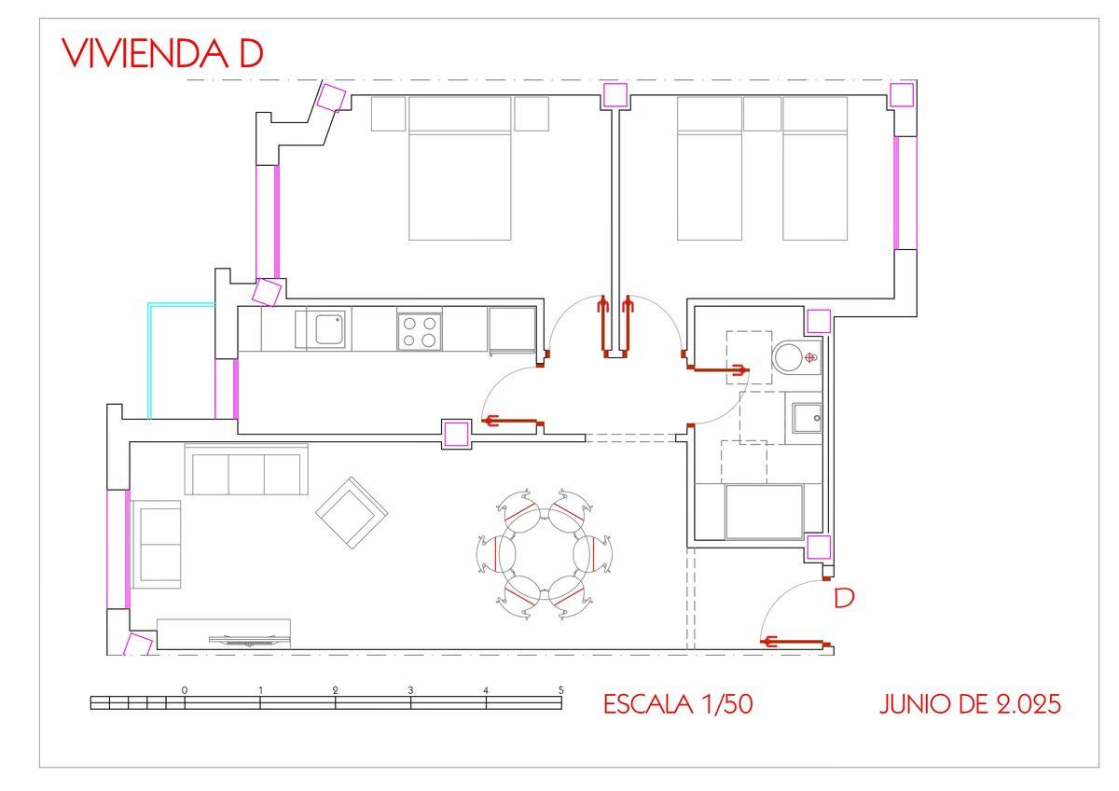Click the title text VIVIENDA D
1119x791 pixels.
pyautogui.click(x=162, y=53)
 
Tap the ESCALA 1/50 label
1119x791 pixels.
pyautogui.click(x=678, y=704)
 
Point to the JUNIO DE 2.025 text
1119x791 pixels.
pyautogui.click(x=970, y=704)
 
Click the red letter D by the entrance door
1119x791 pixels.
pyautogui.click(x=844, y=598)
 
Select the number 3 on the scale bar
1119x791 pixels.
pyautogui.click(x=410, y=690)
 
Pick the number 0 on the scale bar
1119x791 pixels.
pyautogui.click(x=185, y=690)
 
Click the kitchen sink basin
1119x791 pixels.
pyautogui.click(x=329, y=328)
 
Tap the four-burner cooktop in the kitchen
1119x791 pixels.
pyautogui.click(x=419, y=332)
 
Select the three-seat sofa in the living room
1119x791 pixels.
pyautogui.click(x=246, y=468)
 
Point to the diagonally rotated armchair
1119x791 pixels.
pyautogui.click(x=352, y=513)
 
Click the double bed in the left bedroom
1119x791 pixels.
pyautogui.click(x=460, y=169)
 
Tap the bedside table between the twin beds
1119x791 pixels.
pyautogui.click(x=763, y=115)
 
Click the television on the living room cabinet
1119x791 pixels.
pyautogui.click(x=250, y=640)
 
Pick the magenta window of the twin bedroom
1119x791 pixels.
pyautogui.click(x=905, y=193)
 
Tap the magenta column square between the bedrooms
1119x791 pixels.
pyautogui.click(x=615, y=95)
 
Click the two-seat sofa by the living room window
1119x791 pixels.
pyautogui.click(x=157, y=544)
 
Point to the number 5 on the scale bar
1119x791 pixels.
pyautogui.click(x=561, y=690)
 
